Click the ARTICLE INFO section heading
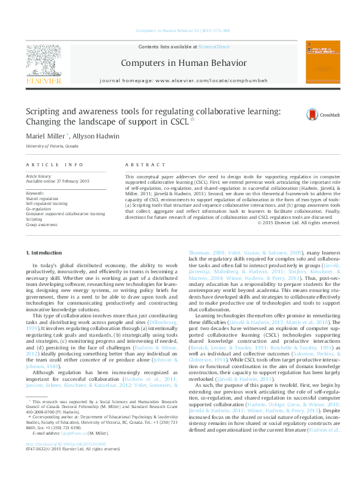click(x=54, y=164)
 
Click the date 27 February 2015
click(x=71, y=181)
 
